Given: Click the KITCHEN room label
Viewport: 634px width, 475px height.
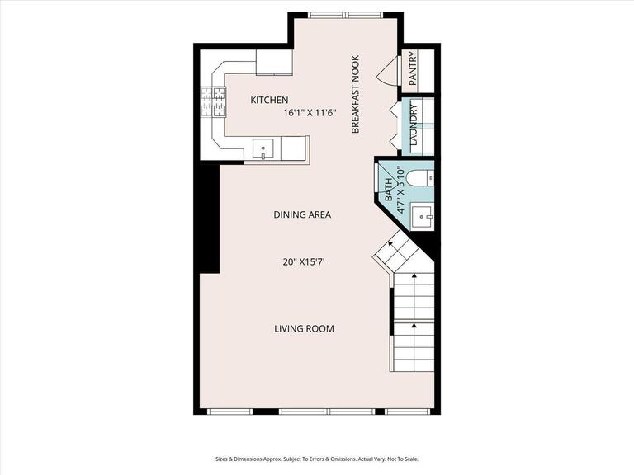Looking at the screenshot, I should pos(269,100).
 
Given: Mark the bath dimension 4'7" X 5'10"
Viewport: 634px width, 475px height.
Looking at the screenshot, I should pos(401,191).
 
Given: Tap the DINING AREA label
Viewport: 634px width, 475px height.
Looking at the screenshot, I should pos(302,214).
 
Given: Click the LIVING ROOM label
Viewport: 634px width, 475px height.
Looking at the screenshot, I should pos(304,328).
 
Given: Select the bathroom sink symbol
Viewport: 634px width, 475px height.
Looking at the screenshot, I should pos(424,217).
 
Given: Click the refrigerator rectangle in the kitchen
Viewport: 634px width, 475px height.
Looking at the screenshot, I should pos(273,63).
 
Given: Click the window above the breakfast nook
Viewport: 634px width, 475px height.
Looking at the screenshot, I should pos(345,15).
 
